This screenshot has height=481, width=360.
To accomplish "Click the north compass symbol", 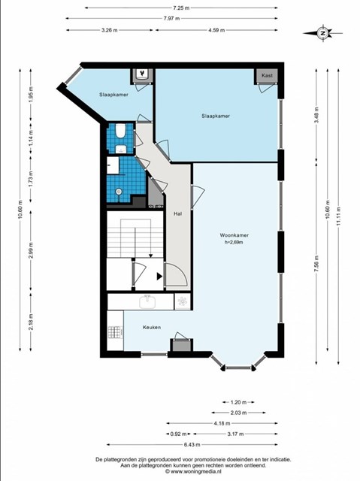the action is click(x=322, y=33).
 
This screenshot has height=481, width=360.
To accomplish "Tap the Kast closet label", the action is click(x=267, y=75).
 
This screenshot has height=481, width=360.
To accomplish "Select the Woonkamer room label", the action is click(x=234, y=235).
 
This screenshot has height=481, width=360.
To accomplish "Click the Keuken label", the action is click(x=152, y=328).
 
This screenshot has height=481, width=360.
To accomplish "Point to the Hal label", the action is click(x=177, y=213).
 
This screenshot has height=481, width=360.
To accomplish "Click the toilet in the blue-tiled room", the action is click(x=120, y=131).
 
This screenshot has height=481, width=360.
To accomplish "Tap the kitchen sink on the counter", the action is click(x=148, y=301).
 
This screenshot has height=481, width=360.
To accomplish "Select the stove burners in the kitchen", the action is click(x=116, y=332).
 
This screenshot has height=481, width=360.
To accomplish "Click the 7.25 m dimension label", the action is click(x=181, y=8).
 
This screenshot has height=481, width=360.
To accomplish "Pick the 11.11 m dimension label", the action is click(x=338, y=216).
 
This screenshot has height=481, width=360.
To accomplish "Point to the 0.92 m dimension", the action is click(x=178, y=434).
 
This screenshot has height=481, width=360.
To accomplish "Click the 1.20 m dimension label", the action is click(x=238, y=402).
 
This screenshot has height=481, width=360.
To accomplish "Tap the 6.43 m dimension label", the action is click(x=192, y=444).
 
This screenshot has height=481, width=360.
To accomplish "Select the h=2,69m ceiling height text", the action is click(x=234, y=242).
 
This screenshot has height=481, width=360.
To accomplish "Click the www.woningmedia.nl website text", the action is click(x=193, y=471).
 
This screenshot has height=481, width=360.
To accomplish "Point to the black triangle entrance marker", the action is click(x=159, y=277).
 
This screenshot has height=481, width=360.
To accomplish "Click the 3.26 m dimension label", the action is click(x=110, y=30).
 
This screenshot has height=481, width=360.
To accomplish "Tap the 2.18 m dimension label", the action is click(x=31, y=322).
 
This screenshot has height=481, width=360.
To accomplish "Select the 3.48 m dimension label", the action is click(x=316, y=115).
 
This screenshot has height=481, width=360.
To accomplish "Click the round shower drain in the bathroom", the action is click(x=119, y=192).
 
